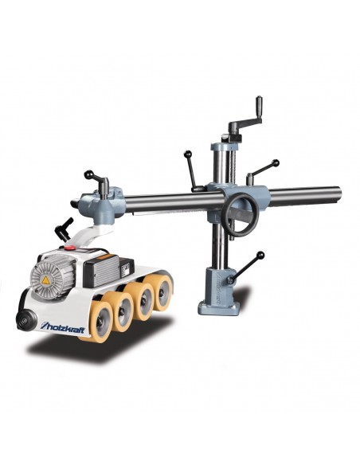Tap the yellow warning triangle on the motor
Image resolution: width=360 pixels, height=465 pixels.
(45, 280)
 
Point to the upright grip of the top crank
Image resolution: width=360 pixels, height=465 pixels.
(259, 108)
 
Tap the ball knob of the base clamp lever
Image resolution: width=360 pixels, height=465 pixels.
(260, 255)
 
